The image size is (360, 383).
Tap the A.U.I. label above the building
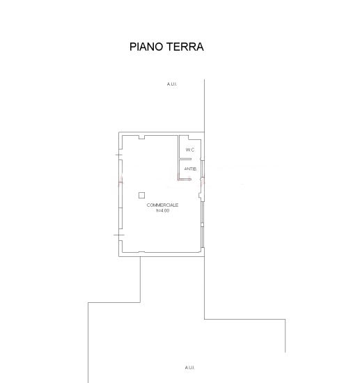172,84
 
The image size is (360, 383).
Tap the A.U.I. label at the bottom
190,368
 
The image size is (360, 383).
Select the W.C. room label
191,150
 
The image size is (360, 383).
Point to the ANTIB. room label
191,169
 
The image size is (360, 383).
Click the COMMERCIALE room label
162,205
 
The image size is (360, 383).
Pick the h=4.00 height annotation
162,210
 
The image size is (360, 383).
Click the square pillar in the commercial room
141,195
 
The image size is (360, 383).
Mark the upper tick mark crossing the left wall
118,155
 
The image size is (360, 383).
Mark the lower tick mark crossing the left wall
119,235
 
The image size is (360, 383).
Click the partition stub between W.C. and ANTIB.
185,159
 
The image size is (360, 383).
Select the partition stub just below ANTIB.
185,180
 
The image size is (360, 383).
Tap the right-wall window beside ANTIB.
203,169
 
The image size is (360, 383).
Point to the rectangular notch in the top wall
141,137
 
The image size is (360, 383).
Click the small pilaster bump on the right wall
200,195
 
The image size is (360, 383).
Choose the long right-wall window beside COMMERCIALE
203,224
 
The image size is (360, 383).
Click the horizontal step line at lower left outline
114,302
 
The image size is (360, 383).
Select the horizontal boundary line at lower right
244,319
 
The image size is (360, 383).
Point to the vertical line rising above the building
204,106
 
